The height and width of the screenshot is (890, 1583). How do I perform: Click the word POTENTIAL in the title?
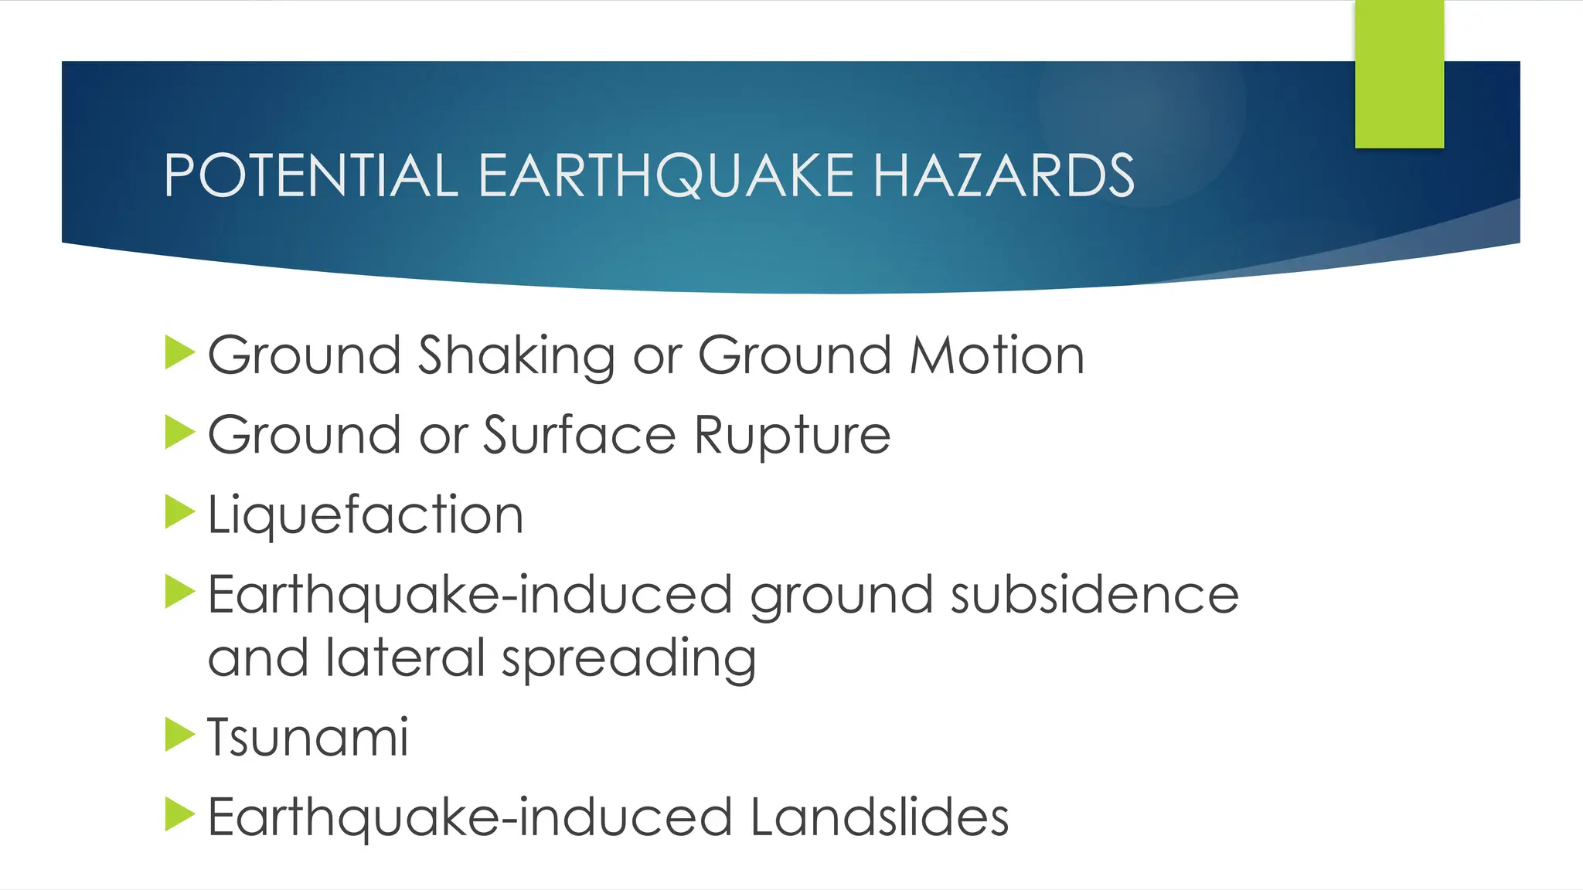311,175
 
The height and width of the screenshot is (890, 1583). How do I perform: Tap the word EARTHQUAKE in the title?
666,175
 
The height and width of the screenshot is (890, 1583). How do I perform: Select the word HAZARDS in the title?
1003,175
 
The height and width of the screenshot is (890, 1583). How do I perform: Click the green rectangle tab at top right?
1399,74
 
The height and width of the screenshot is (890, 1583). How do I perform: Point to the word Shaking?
516,356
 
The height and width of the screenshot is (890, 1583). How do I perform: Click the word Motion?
997,356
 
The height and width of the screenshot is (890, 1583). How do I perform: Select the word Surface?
580,435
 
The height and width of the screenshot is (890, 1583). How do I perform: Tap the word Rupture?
792,437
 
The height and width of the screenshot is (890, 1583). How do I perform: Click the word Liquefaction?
366,515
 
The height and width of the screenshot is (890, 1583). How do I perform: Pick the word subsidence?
1094,595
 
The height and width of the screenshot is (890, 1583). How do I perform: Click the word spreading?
628,660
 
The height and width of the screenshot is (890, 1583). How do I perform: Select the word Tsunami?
308,737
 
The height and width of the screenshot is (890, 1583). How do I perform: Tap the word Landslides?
879,817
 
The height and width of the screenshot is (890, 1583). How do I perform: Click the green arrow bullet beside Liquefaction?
179,512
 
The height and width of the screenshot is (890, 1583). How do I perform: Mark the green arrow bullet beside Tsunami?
179,735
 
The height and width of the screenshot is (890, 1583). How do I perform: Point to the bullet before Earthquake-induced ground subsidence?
179,592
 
